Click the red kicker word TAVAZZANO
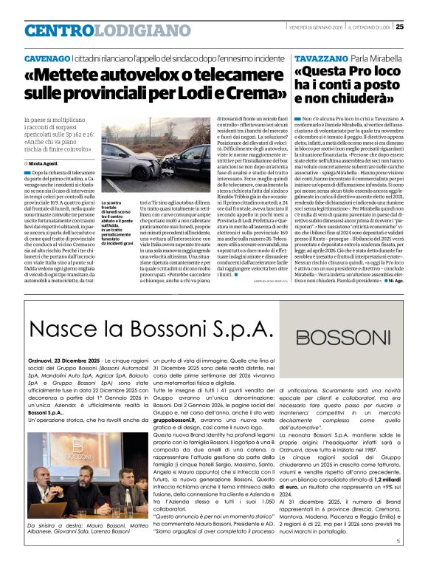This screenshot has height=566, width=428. coord(320,58)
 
